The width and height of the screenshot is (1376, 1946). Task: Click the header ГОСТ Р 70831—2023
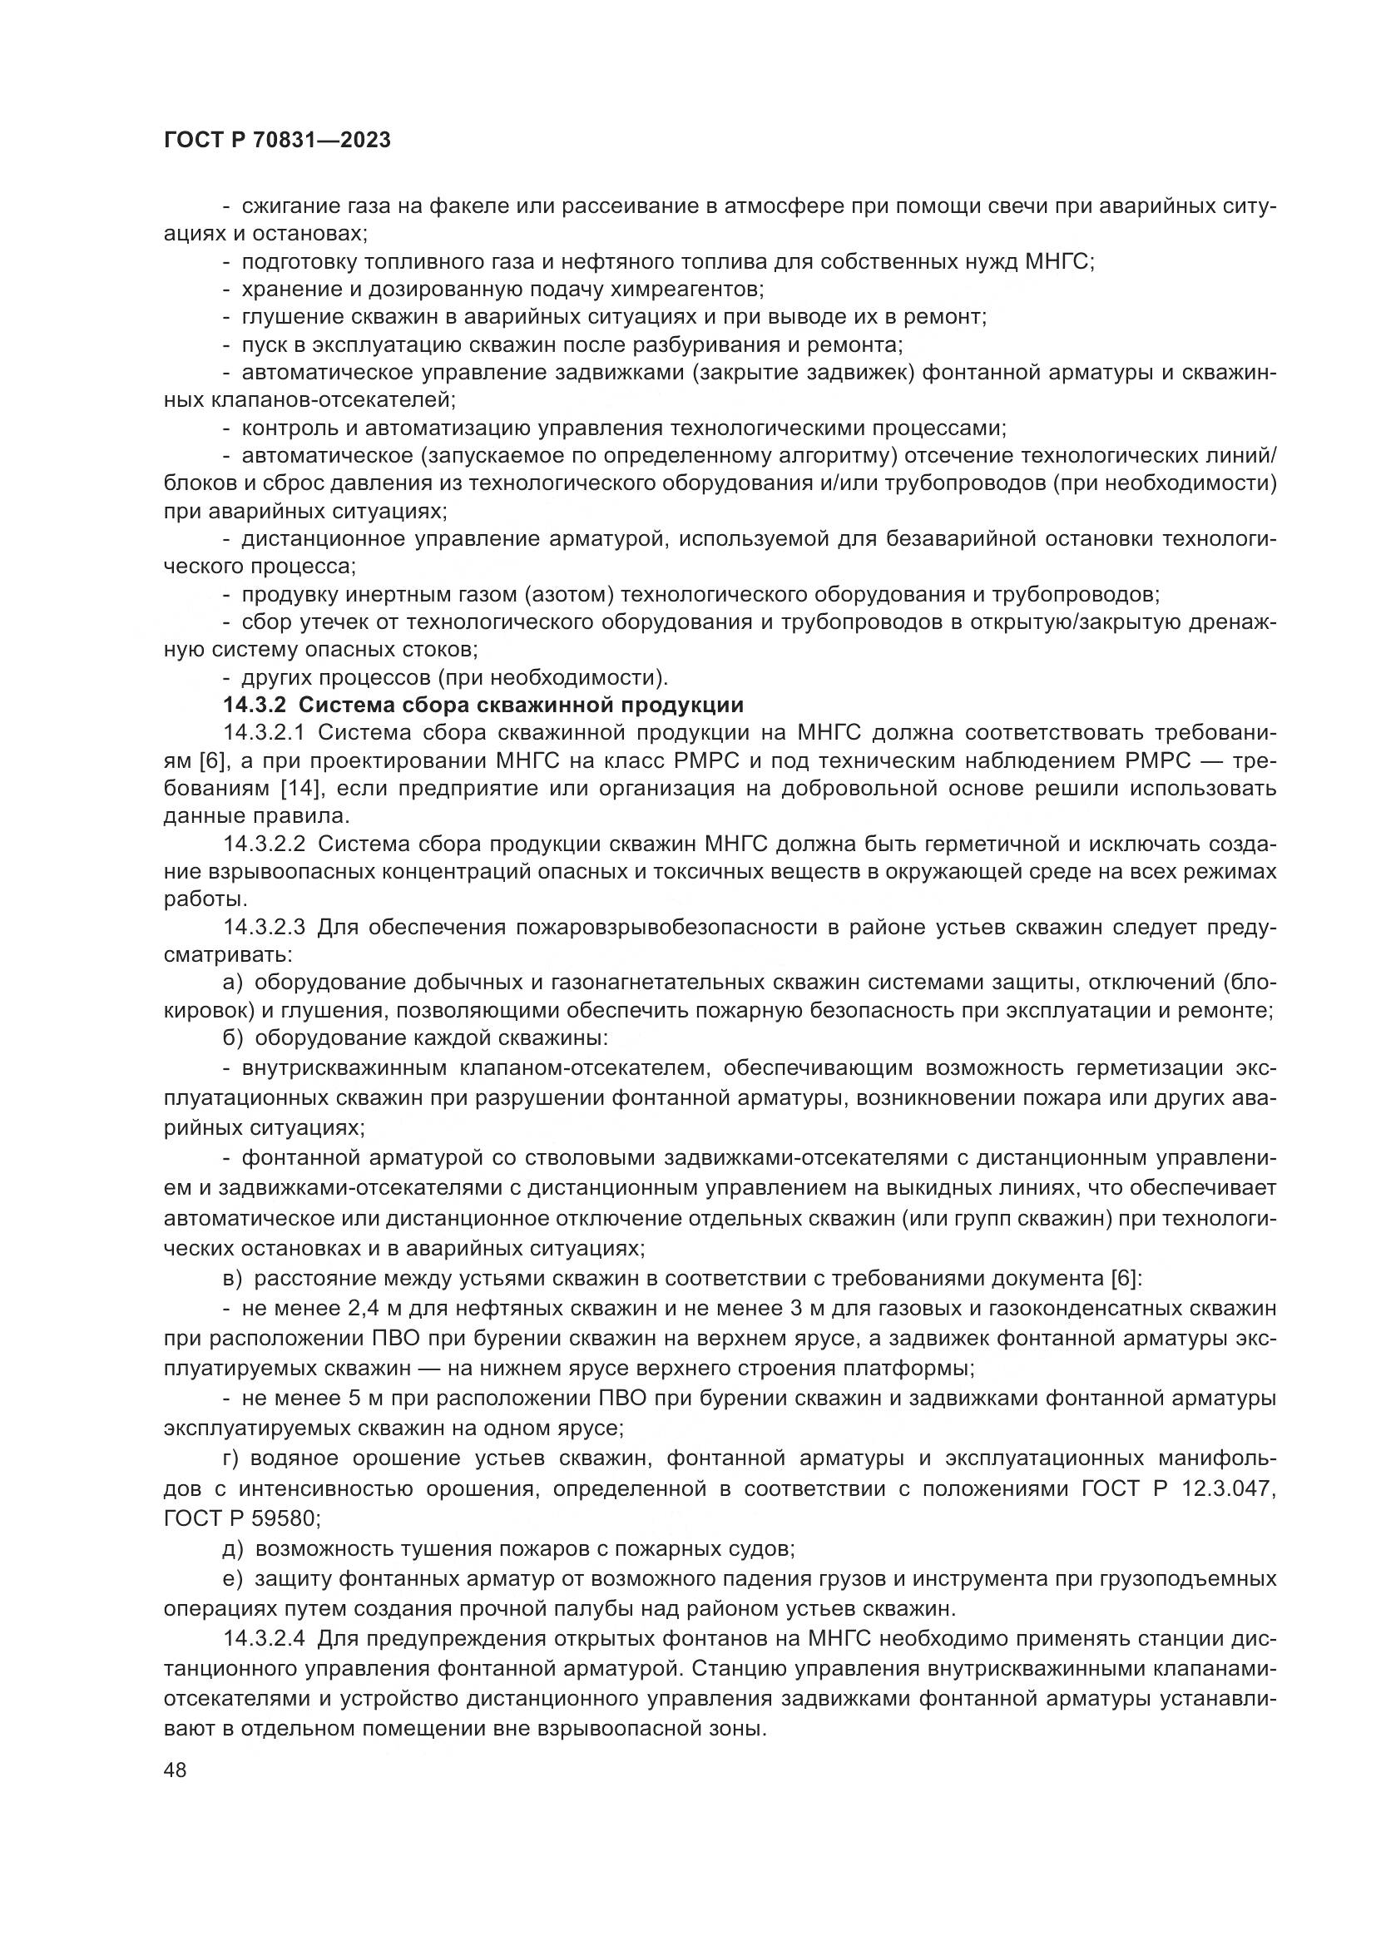[x=277, y=140]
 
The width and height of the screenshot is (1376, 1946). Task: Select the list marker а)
[x=233, y=983]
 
